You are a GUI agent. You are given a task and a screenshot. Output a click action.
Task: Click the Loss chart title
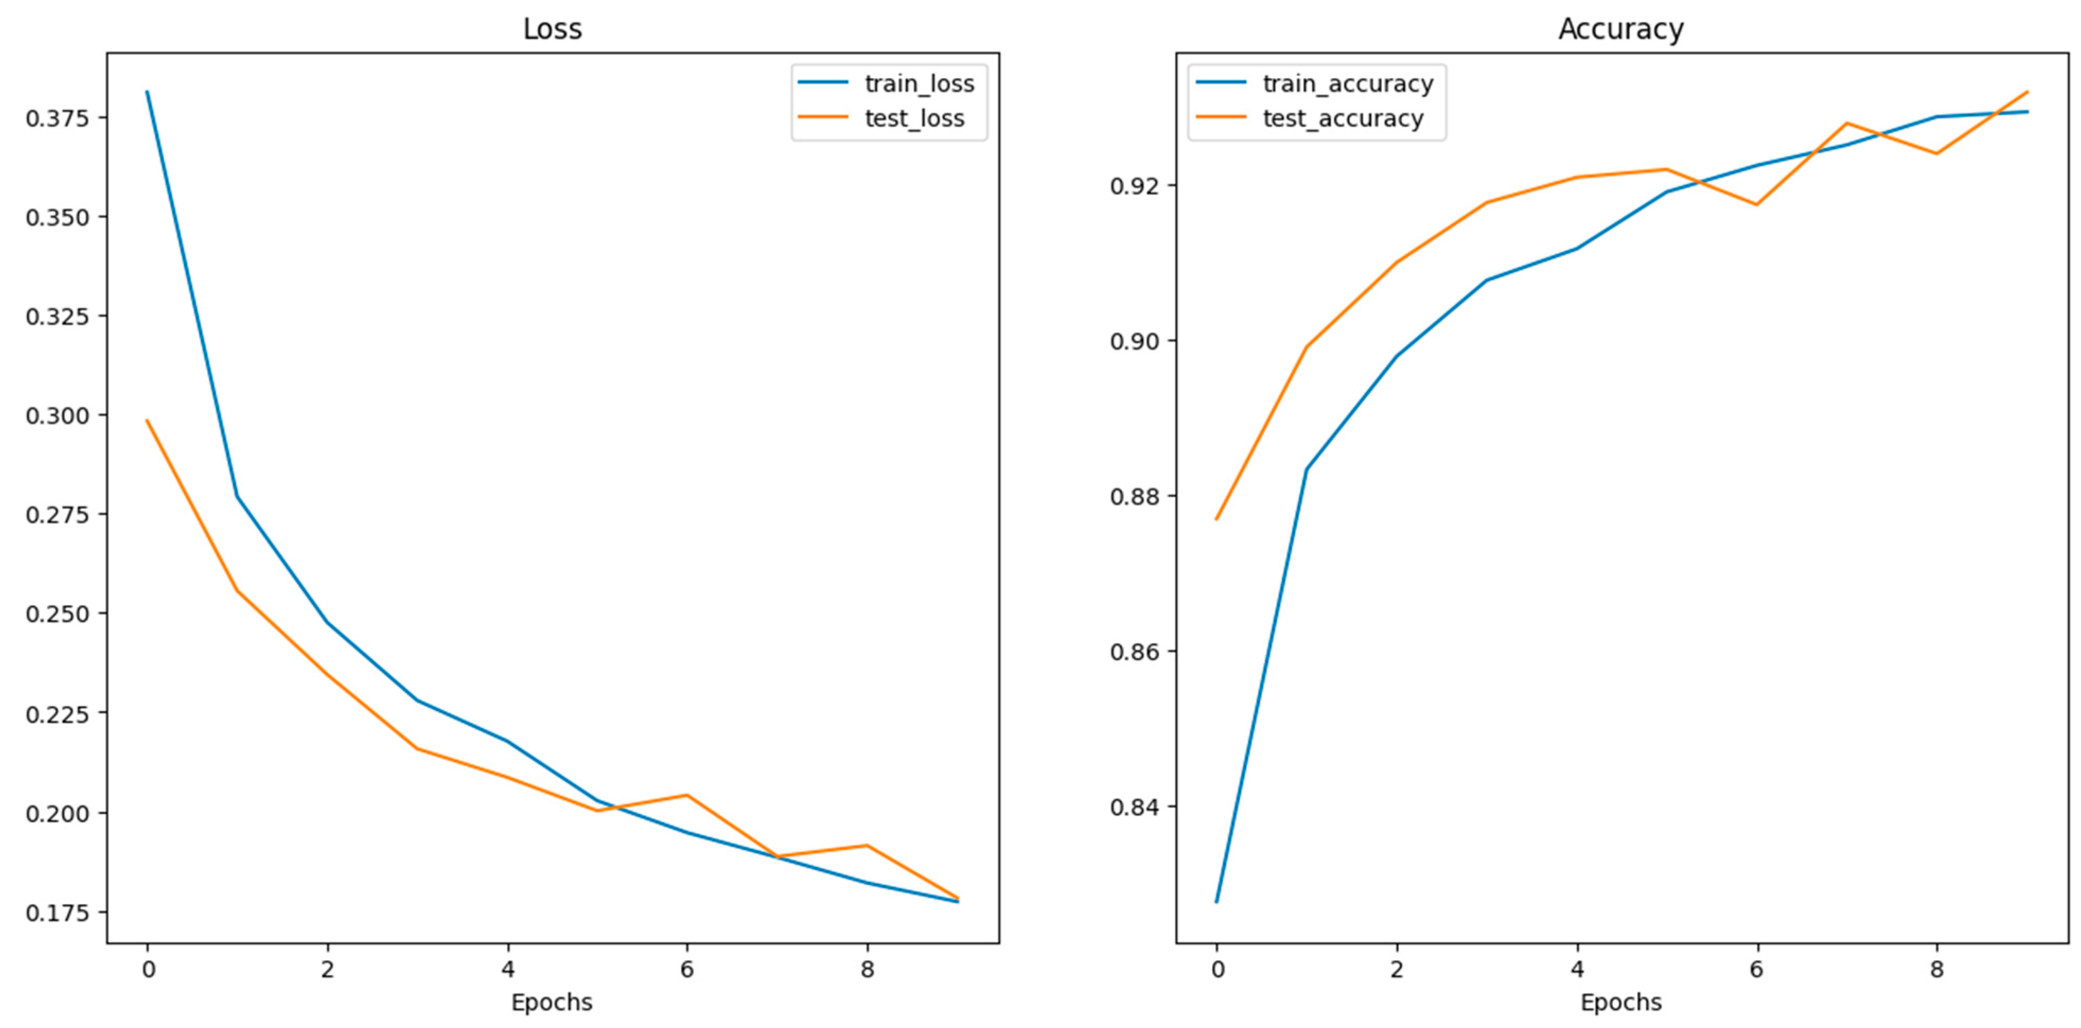point(552,29)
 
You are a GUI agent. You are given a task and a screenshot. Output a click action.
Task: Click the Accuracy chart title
point(1620,29)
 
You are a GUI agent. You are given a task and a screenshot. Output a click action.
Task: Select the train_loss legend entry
point(919,83)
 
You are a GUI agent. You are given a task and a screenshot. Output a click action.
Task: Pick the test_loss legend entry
point(914,119)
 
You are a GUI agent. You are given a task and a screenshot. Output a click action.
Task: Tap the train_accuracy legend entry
point(1347,83)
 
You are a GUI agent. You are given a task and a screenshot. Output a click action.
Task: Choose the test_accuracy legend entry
point(1343,119)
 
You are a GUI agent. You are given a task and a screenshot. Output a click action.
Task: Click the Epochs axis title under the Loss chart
point(552,1002)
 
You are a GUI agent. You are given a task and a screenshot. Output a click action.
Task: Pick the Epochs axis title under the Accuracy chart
point(1620,1002)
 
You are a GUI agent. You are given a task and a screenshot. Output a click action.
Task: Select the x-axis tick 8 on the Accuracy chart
point(1936,969)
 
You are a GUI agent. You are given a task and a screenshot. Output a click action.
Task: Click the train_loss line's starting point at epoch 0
point(147,92)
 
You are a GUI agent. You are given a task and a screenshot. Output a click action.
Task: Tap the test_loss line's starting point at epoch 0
point(147,421)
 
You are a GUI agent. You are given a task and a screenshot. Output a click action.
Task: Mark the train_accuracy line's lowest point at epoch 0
point(1216,901)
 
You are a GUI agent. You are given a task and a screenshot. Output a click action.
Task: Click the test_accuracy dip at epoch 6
point(1756,205)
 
